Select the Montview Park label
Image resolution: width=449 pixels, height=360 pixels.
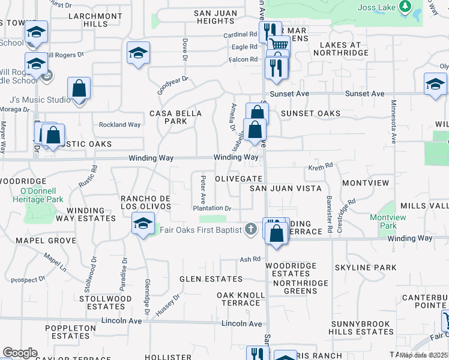(x=384, y=221)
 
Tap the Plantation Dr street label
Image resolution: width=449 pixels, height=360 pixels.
(x=212, y=208)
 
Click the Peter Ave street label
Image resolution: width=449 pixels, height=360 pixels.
(x=203, y=188)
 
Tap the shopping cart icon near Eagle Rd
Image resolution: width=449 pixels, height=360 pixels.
(x=279, y=44)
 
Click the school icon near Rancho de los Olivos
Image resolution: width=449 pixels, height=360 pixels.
(x=142, y=224)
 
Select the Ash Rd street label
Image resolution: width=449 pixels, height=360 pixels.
(x=249, y=259)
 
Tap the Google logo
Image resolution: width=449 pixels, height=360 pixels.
(x=20, y=353)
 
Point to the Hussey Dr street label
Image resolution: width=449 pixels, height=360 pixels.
(x=168, y=305)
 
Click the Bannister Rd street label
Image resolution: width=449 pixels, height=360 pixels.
(x=330, y=214)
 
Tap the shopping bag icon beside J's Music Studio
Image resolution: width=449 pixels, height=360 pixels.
(x=79, y=88)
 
